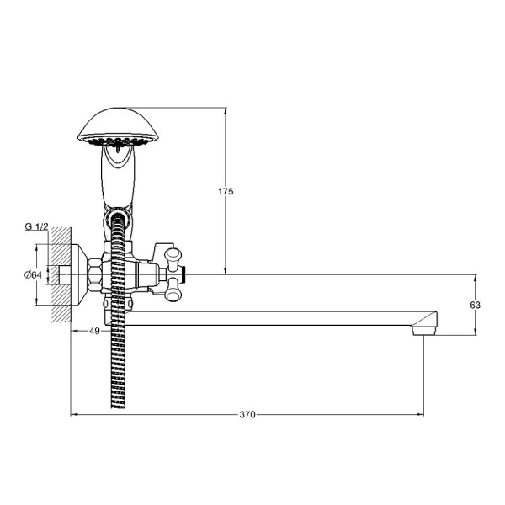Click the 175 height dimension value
tap(226, 191)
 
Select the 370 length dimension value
tap(247, 414)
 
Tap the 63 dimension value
tap(475, 305)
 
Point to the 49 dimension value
tap(94, 331)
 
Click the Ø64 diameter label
tap(33, 274)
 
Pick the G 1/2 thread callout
tap(36, 226)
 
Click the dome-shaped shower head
tap(118, 126)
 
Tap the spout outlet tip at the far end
tap(423, 331)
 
